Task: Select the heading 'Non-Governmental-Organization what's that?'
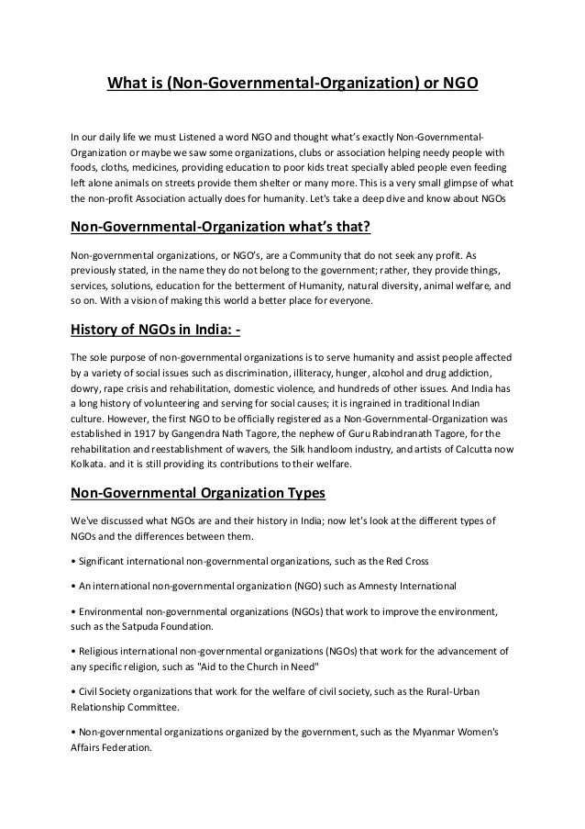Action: (214, 228)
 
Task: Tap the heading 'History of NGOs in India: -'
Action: (155, 331)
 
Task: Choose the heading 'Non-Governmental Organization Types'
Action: (198, 492)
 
